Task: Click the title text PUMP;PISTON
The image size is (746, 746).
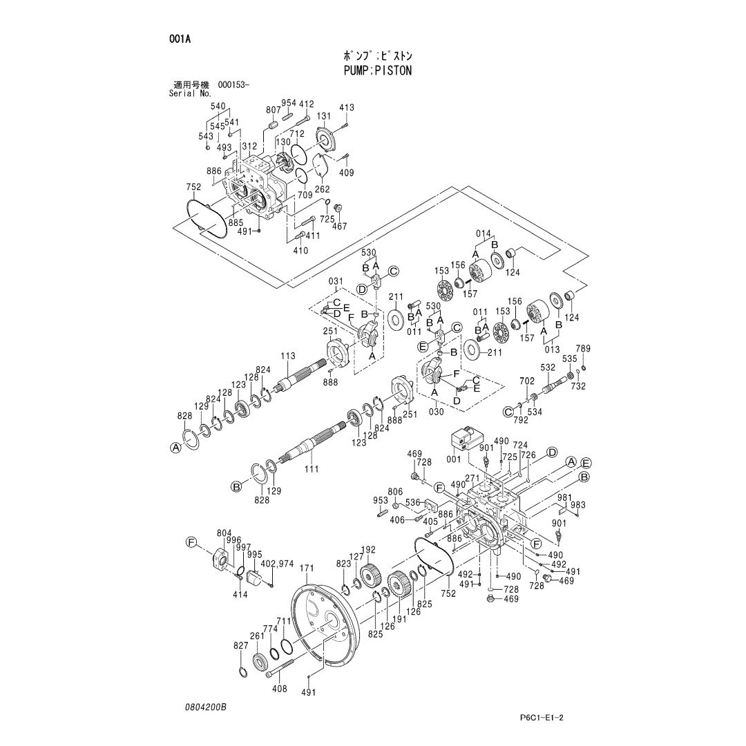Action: click(378, 71)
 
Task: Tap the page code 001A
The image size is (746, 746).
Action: click(180, 39)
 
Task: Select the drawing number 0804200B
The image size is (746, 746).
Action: click(206, 707)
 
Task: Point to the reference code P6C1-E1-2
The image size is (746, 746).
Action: click(542, 718)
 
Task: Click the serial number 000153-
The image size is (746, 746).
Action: click(233, 85)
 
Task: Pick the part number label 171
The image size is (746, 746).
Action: click(307, 568)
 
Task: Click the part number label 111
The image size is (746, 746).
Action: click(311, 469)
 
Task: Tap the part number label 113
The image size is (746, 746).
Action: click(288, 356)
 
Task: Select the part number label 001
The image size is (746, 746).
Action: click(454, 459)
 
